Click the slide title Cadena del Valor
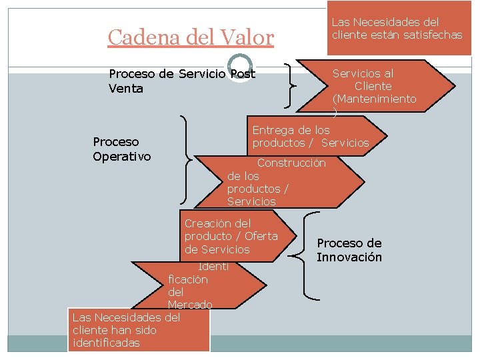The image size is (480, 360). tap(191, 37)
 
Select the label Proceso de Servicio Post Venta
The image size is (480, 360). tap(181, 81)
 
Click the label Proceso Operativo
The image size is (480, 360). tap(122, 149)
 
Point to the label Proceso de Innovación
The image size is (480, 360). tap(349, 250)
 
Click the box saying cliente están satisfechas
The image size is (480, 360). tap(397, 29)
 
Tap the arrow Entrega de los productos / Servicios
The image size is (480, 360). tap(311, 136)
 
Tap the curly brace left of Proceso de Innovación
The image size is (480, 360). tap(309, 254)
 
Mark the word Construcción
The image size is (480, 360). tap(291, 163)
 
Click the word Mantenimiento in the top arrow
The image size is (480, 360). tap(374, 99)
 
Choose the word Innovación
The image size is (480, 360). tap(349, 257)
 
